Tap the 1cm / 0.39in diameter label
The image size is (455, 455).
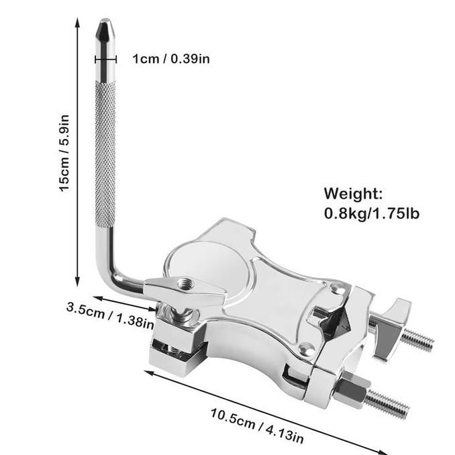click(171, 58)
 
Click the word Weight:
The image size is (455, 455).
click(354, 195)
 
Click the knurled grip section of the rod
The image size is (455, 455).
click(105, 154)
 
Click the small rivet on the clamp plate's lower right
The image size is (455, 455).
click(307, 348)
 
